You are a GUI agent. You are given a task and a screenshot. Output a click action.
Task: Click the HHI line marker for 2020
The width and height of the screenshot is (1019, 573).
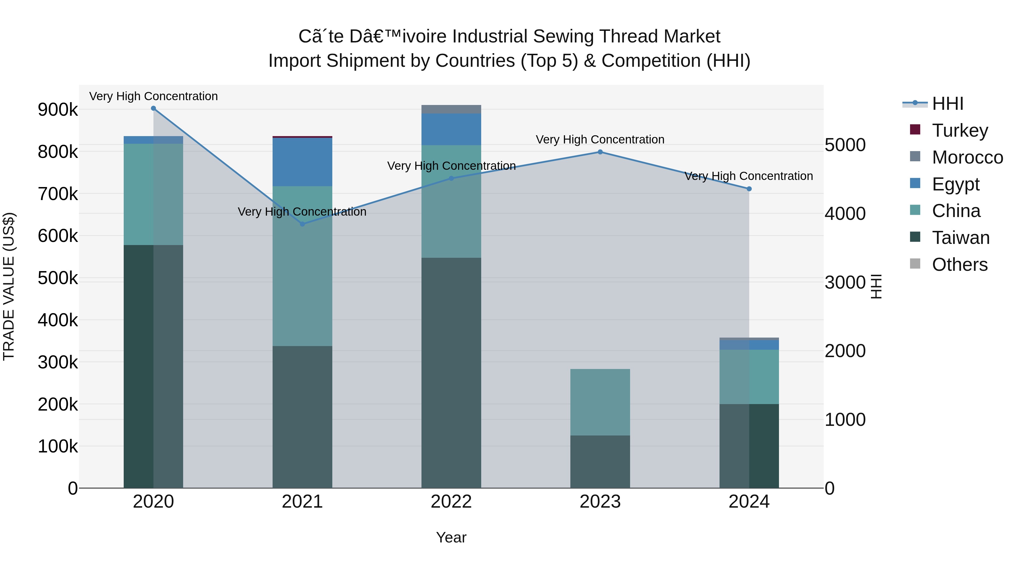[x=153, y=108]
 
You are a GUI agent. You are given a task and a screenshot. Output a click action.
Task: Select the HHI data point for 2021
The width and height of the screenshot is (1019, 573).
[x=302, y=224]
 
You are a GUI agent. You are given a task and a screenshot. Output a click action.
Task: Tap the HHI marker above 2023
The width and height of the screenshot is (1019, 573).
[x=600, y=152]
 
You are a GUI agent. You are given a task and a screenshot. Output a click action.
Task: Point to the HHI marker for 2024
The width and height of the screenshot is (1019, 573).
[x=749, y=189]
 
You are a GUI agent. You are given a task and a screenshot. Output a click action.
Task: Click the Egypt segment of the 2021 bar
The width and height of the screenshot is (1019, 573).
[x=302, y=162]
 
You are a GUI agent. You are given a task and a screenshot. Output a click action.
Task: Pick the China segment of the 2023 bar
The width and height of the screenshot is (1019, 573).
[x=600, y=402]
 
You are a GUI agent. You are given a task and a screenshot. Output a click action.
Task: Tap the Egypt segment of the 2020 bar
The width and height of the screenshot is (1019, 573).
[x=153, y=140]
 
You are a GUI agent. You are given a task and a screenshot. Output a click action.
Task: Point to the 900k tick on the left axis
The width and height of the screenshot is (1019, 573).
[x=58, y=110]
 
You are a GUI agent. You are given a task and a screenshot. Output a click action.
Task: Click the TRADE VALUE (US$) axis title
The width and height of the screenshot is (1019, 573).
[x=9, y=286]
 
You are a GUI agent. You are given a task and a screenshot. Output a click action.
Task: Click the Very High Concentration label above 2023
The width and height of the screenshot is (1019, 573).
[x=600, y=140]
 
